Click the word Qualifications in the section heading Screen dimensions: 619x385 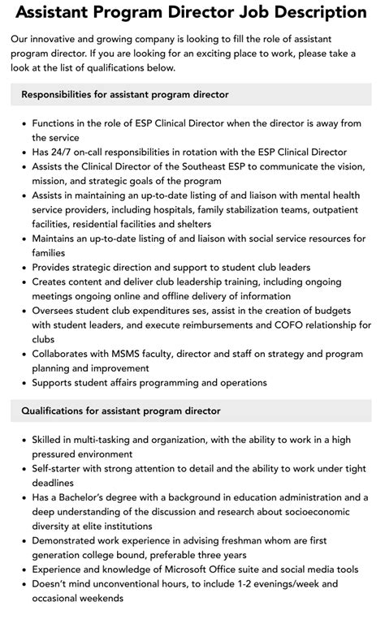point(54,411)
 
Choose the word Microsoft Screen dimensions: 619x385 point(205,570)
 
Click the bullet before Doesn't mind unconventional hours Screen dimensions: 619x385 point(23,584)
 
